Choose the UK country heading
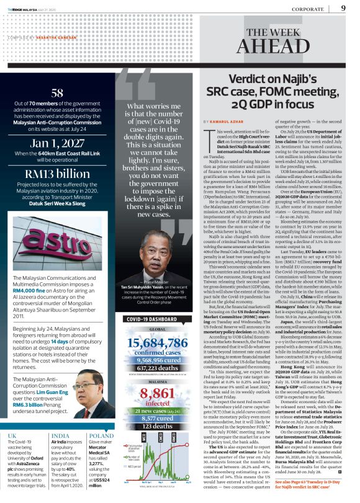point(13,418)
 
